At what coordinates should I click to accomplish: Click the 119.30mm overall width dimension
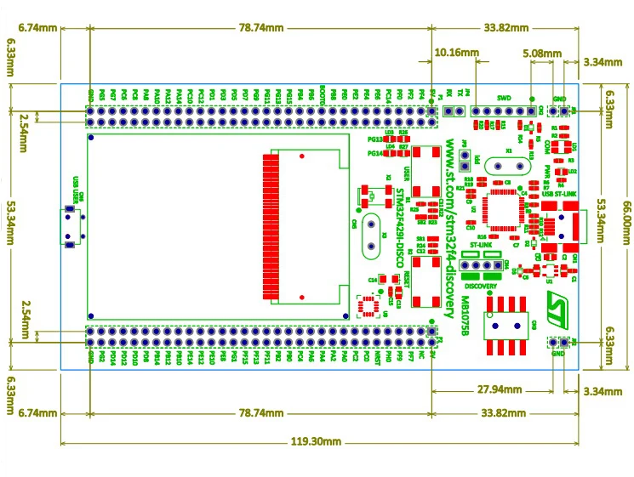click(x=317, y=442)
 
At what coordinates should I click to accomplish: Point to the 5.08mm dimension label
click(x=542, y=53)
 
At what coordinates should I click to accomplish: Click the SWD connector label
click(x=504, y=98)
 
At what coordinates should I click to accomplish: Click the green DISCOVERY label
click(x=480, y=287)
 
